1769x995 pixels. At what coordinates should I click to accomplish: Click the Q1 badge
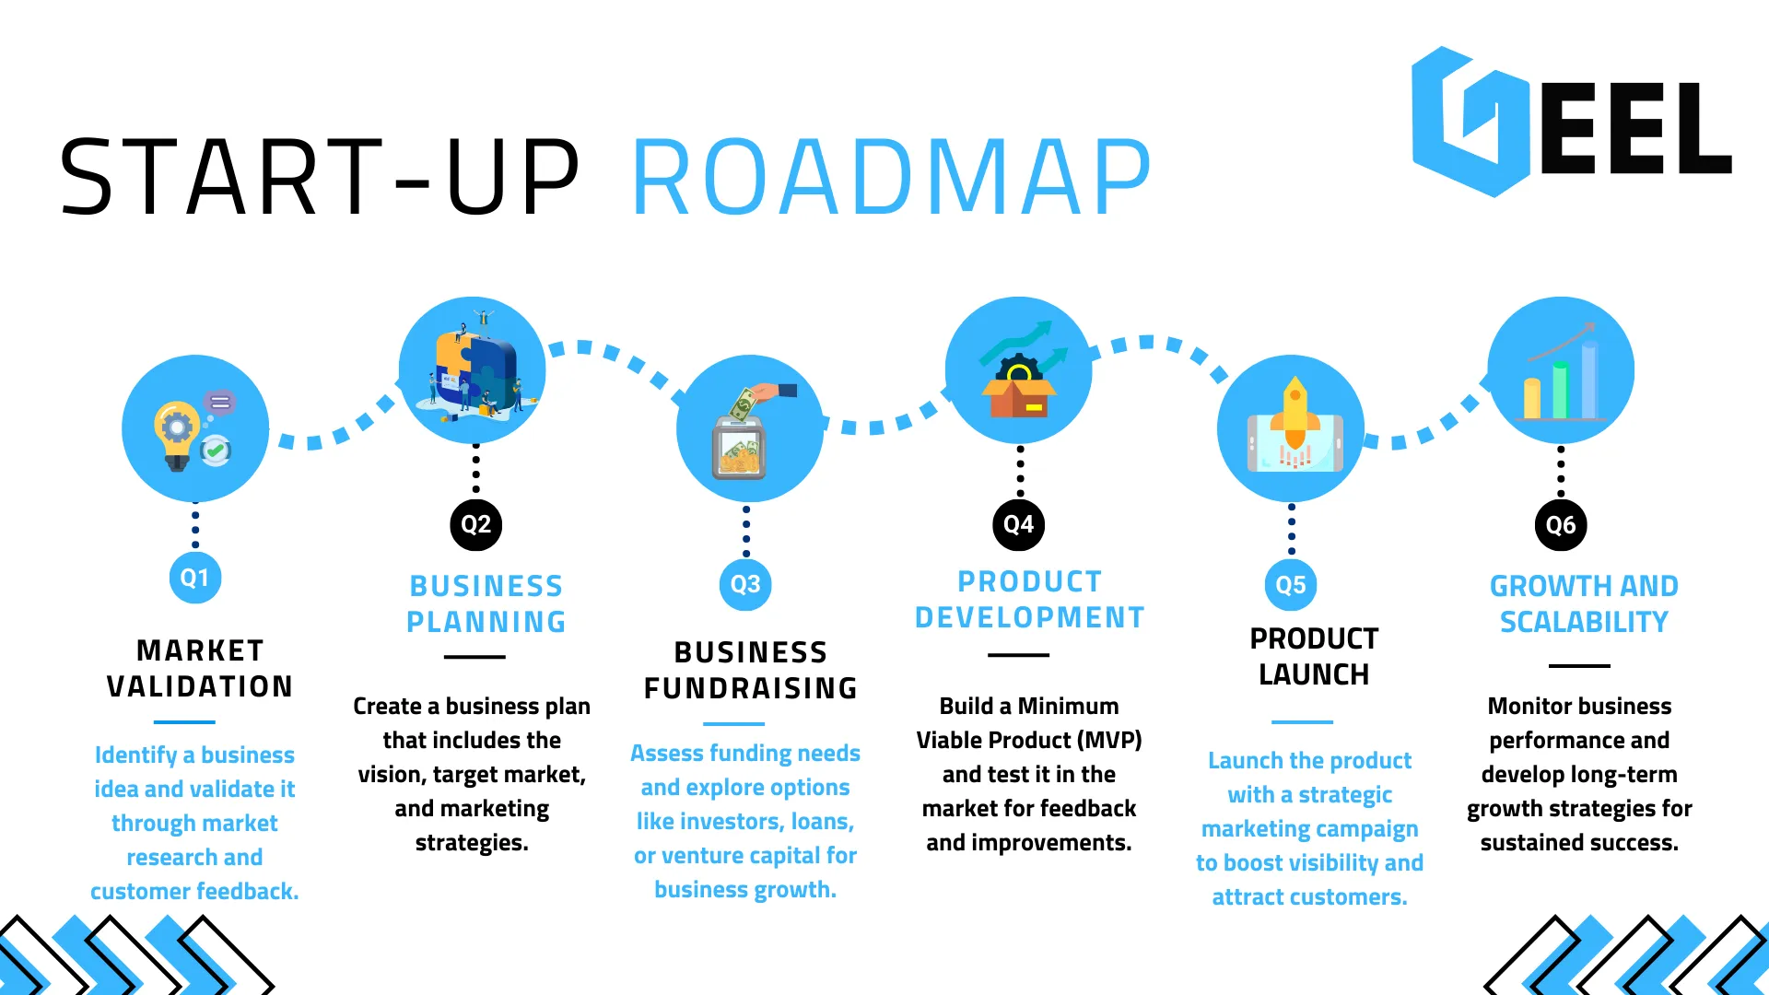point(194,578)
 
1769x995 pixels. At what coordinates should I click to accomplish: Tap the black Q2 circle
point(475,524)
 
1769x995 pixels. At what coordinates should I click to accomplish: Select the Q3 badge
point(745,584)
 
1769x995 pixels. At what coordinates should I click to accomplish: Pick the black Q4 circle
point(1018,524)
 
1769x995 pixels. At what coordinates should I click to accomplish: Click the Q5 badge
point(1291,584)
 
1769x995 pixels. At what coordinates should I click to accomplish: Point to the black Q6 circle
point(1561,525)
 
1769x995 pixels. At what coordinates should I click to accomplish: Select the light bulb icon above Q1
point(178,434)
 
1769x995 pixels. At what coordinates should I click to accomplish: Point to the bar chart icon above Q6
point(1561,378)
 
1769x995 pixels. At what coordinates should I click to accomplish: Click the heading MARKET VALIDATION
point(200,669)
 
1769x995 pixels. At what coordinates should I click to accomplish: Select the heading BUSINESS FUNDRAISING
point(751,670)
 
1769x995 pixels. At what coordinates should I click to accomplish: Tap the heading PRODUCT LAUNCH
point(1314,656)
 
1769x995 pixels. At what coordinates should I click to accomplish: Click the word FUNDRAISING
point(751,688)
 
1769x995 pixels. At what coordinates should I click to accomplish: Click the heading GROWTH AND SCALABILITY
point(1584,603)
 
